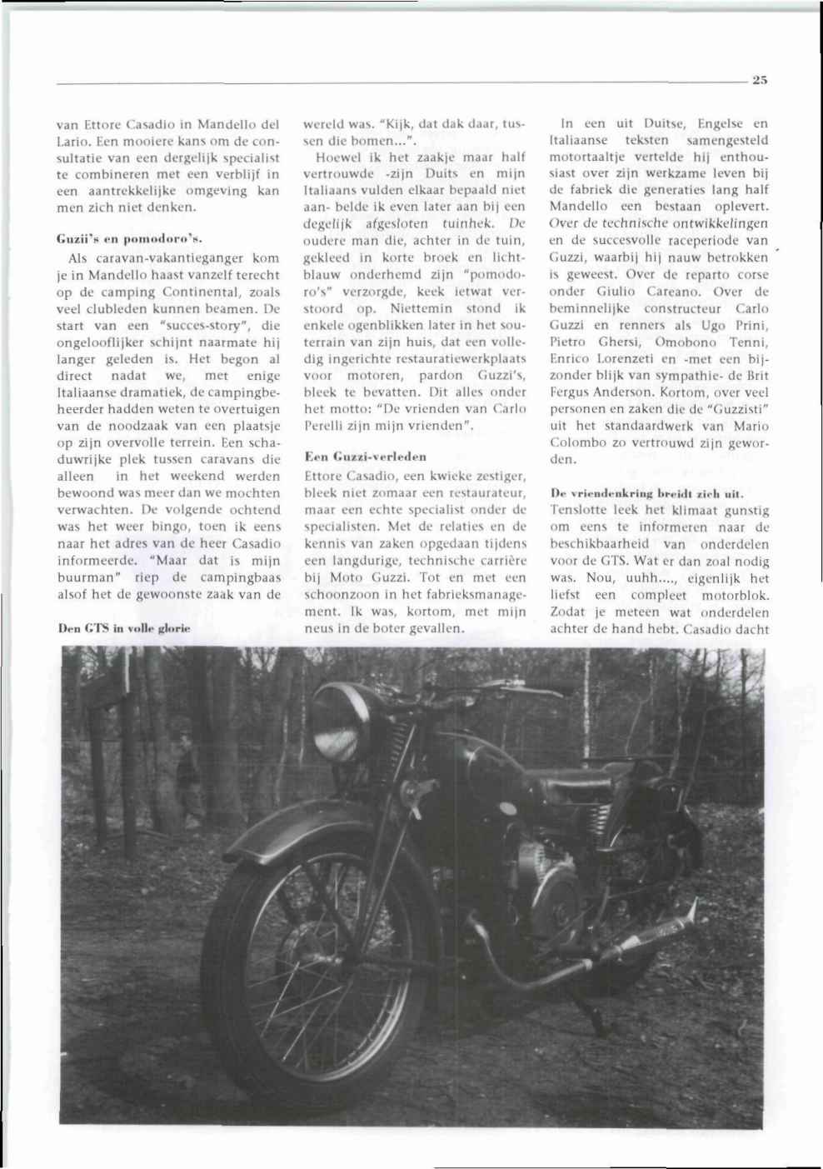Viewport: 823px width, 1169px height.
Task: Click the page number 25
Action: [759, 80]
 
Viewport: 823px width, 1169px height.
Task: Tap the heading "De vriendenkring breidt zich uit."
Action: [646, 492]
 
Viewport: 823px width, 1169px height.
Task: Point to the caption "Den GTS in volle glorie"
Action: [124, 627]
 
